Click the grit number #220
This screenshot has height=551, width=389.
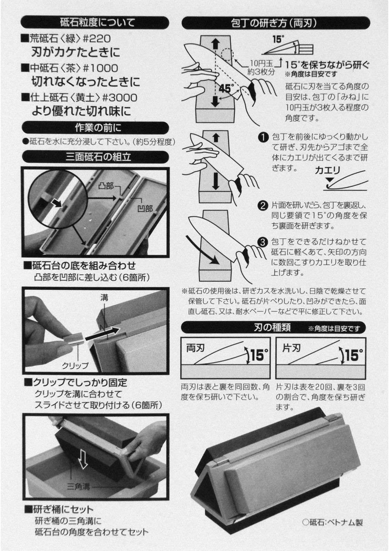96,39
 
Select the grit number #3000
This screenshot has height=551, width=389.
119,98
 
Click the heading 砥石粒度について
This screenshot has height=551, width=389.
98,22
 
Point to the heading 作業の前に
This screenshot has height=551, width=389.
98,128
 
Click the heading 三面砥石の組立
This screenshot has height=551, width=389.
98,157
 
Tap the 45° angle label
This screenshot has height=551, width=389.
225,89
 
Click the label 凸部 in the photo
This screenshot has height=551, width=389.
106,186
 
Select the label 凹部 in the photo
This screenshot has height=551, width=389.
145,209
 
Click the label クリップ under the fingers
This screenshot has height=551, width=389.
75,365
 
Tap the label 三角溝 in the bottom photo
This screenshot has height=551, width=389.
79,487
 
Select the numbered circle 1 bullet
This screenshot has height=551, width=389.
263,137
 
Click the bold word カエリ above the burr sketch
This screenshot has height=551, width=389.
327,170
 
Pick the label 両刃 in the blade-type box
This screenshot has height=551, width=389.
195,348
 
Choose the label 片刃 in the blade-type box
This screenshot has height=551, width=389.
291,348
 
